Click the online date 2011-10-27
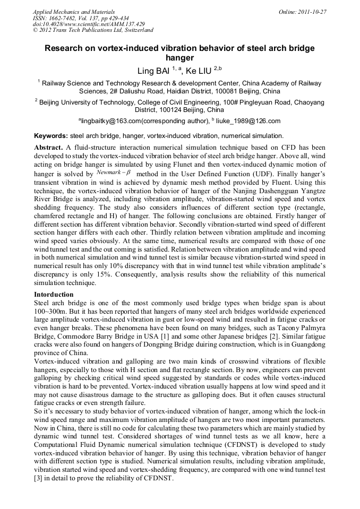point(313,12)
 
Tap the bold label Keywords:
point(51,136)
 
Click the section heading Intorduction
point(54,294)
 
